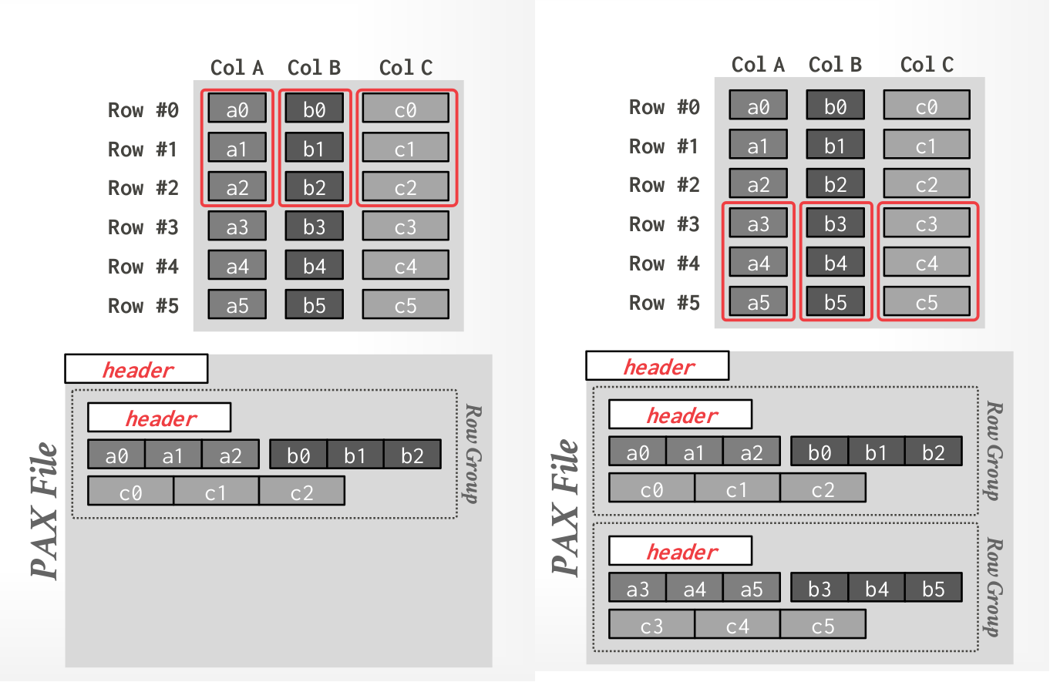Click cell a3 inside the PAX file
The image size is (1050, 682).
pyautogui.click(x=638, y=588)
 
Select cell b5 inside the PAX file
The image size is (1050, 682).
pyautogui.click(x=934, y=588)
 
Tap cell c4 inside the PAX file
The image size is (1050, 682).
pyautogui.click(x=737, y=625)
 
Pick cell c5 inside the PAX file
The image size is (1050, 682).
pyautogui.click(x=823, y=625)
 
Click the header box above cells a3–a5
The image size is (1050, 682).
pyautogui.click(x=680, y=552)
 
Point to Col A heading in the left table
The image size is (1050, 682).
pyautogui.click(x=237, y=68)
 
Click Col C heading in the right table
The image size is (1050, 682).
pyautogui.click(x=927, y=65)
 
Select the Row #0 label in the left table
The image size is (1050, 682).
pyautogui.click(x=143, y=110)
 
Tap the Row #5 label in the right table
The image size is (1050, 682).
pyautogui.click(x=665, y=303)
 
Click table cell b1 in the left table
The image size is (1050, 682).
pyautogui.click(x=315, y=149)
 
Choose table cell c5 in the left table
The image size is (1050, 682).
pyautogui.click(x=406, y=305)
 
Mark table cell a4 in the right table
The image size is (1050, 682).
pyautogui.click(x=759, y=264)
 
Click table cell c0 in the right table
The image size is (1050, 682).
pyautogui.click(x=927, y=106)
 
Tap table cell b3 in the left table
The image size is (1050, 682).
pyautogui.click(x=315, y=227)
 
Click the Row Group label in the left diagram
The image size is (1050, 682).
pyautogui.click(x=468, y=452)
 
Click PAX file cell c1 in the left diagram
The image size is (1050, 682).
pyautogui.click(x=216, y=491)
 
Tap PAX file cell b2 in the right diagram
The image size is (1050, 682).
pyautogui.click(x=934, y=452)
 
